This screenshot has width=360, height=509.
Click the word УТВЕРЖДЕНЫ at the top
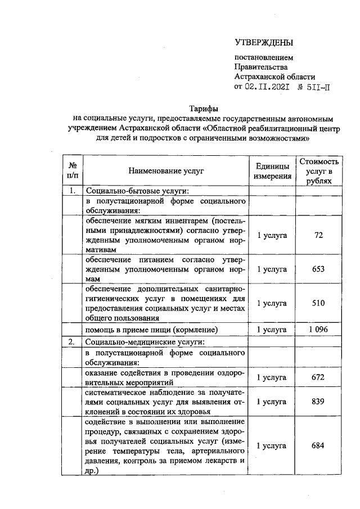[x=264, y=43]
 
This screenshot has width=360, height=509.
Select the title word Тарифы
[x=203, y=108]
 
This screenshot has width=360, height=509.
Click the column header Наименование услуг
[x=166, y=170]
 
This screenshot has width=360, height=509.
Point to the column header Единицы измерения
[x=272, y=170]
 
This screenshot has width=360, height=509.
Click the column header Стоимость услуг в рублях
[x=319, y=170]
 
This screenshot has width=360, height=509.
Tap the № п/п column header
[x=72, y=170]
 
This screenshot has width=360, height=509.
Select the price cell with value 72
[x=319, y=235]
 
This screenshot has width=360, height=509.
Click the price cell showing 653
[x=319, y=269]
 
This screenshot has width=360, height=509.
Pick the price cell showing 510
[x=319, y=303]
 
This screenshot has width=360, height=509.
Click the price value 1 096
[x=319, y=329]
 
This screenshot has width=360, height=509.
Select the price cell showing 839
[x=319, y=402]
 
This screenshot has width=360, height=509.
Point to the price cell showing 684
[x=319, y=445]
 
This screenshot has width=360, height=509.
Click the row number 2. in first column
[x=72, y=341]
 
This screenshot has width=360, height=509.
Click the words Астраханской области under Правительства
[x=274, y=77]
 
